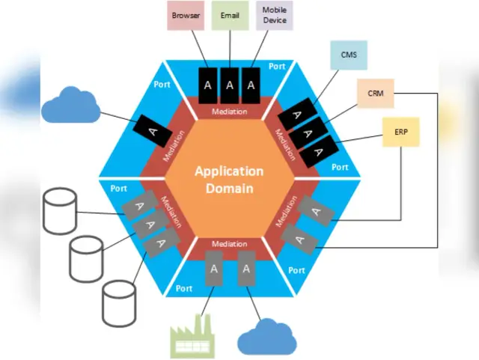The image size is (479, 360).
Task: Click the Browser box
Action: coord(185,16)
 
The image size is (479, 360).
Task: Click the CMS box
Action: coord(348,55)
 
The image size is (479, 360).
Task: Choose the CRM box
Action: coord(376,94)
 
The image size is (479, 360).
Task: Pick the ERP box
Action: coord(401,132)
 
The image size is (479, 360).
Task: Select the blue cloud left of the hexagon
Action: coord(70,106)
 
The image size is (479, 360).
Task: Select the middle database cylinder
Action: coord(86,256)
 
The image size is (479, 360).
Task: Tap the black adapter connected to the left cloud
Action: coord(154,130)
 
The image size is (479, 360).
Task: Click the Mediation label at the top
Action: coord(230,112)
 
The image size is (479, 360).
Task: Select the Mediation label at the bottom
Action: coord(230,244)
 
